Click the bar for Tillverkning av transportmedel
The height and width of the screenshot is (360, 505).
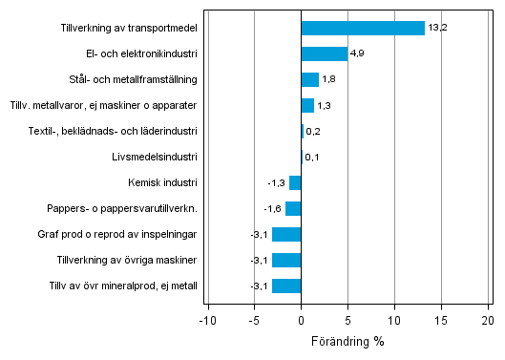tap(363, 28)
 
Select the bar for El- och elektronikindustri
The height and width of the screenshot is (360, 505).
tap(324, 53)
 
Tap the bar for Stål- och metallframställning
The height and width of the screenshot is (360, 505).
tap(309, 79)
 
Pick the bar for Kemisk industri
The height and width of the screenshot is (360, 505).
tap(295, 182)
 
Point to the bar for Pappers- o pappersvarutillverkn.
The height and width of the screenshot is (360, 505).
tap(293, 208)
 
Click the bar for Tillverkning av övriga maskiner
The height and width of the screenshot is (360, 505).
tap(286, 260)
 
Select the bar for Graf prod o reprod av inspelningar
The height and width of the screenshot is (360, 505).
tap(286, 234)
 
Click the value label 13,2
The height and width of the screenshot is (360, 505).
tap(437, 28)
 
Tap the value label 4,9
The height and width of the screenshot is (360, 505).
tap(359, 53)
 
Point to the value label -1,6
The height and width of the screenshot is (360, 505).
tap(272, 208)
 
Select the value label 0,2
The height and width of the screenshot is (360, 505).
tap(313, 131)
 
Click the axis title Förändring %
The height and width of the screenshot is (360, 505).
tap(347, 341)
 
